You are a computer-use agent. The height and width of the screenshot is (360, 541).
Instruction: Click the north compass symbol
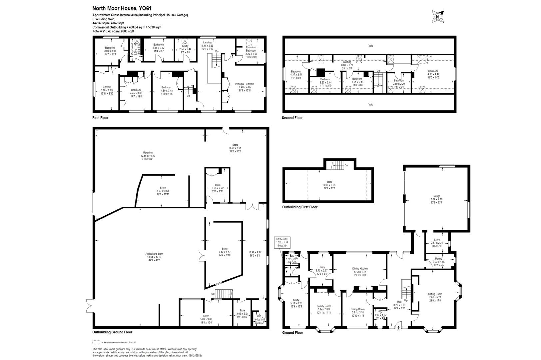(x=437, y=16)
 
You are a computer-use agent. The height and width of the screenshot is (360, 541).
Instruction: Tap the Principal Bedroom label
(x=245, y=84)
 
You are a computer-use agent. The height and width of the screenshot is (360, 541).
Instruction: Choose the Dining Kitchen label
(x=360, y=268)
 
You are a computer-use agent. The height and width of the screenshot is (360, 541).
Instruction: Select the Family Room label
(x=323, y=306)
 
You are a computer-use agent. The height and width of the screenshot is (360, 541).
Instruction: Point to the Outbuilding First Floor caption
(x=299, y=207)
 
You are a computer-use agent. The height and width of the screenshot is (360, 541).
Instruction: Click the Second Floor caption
(x=292, y=118)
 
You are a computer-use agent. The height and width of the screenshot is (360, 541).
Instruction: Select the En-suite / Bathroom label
(x=251, y=49)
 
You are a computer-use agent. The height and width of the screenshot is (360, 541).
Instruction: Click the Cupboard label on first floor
(x=132, y=49)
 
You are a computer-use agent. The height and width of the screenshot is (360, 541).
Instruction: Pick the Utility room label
(x=321, y=267)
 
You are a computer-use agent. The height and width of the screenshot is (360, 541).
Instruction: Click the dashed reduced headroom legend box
(x=96, y=342)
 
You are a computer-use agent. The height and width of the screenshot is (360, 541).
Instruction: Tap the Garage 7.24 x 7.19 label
(x=436, y=196)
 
